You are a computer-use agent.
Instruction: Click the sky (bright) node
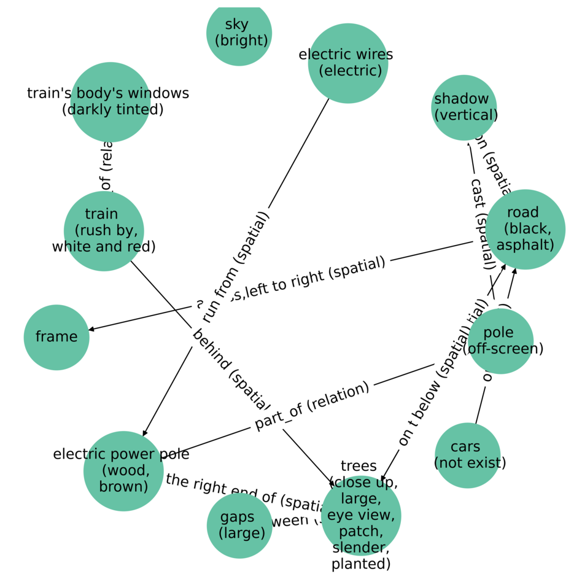239,33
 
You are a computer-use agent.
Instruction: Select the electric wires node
348,63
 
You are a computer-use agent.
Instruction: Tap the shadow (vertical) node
464,107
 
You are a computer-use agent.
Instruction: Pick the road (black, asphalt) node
526,229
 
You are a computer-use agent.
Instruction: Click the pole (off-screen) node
500,341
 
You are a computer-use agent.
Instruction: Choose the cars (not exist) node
468,455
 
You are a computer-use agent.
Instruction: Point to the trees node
361,516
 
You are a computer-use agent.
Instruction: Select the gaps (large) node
239,526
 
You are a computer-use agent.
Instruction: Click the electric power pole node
123,471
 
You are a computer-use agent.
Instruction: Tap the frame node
56,337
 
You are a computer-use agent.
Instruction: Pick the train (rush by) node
104,231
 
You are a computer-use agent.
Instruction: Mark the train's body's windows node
111,102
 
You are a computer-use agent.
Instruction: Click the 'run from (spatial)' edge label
236,268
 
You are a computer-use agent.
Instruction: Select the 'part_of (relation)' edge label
312,406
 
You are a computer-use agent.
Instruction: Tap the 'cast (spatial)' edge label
483,224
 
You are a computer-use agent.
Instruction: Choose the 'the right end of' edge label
246,494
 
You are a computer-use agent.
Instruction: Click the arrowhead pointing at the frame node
93,329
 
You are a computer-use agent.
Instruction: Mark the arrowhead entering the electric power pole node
144,432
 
